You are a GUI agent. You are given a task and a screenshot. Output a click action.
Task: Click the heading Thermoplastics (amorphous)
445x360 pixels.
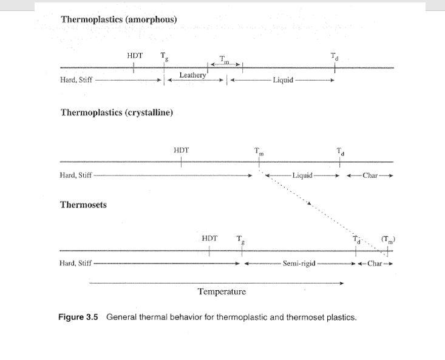(x=118, y=19)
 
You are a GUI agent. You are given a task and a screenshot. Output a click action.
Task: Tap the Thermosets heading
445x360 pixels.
(x=83, y=205)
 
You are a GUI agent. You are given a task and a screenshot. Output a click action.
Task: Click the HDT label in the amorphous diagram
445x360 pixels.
(x=135, y=56)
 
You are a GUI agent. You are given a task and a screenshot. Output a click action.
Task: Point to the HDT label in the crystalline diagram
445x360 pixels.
(x=181, y=150)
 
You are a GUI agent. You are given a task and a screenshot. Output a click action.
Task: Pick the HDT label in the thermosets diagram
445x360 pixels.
(x=209, y=239)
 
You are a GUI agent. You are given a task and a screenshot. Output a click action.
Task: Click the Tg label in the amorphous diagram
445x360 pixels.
(x=164, y=56)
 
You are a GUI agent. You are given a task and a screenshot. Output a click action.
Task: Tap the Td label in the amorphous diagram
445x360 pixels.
(x=335, y=57)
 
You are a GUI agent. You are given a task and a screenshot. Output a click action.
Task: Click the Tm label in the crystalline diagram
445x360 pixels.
(x=259, y=152)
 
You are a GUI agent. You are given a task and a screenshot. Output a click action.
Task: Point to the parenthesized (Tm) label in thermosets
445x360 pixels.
(x=388, y=239)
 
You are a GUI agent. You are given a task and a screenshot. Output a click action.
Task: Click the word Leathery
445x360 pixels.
(x=192, y=75)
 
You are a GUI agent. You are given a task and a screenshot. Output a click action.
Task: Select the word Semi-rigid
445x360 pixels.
(x=299, y=264)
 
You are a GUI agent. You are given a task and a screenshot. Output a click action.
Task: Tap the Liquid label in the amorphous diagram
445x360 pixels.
(x=283, y=80)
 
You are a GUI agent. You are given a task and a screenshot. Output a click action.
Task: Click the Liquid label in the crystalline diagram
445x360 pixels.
(x=302, y=175)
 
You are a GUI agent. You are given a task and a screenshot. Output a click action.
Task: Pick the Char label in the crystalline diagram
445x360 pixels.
(x=370, y=175)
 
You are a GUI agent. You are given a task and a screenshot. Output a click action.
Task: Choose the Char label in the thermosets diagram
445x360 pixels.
(x=375, y=264)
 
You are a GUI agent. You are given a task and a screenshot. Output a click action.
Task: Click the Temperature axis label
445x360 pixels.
(x=222, y=292)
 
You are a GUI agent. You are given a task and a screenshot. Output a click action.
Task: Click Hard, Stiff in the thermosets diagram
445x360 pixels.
(x=76, y=263)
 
